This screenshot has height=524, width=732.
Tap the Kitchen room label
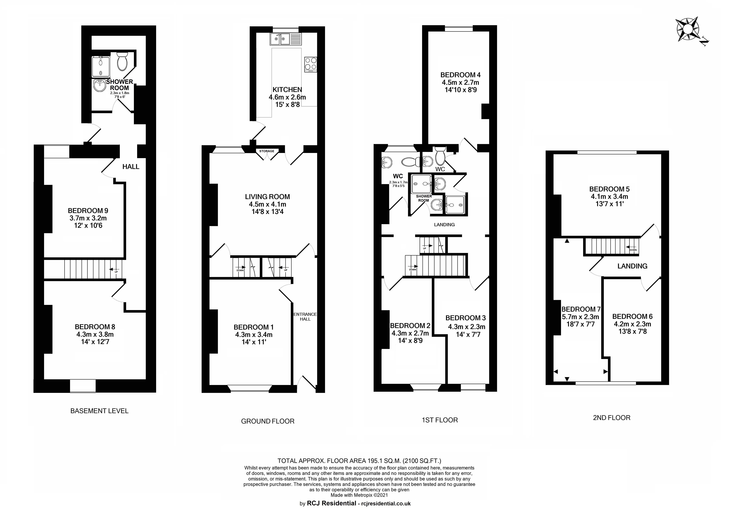coord(287,90)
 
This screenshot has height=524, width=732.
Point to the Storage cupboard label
coord(267,151)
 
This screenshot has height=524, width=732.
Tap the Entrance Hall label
coord(305,317)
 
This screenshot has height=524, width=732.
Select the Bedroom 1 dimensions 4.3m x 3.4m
coord(254,335)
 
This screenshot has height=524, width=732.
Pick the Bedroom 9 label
coord(88,211)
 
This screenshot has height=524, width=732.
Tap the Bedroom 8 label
coord(95,327)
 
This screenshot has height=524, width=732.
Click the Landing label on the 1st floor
coord(444,225)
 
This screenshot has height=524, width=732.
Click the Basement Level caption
coord(99,411)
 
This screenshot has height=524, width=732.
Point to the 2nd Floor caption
coord(612,418)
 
